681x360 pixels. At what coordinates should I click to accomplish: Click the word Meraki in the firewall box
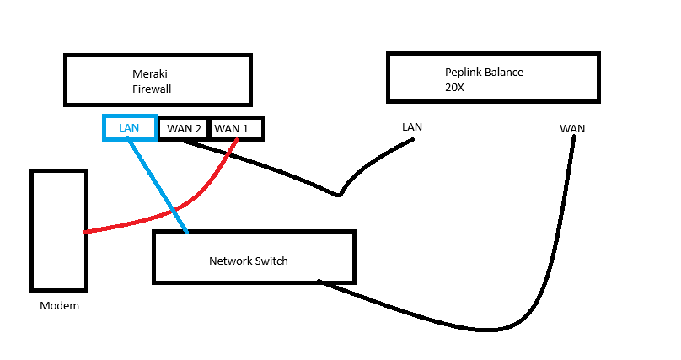[150, 73]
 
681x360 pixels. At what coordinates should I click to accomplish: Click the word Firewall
[152, 88]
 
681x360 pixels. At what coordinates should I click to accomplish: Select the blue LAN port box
[129, 127]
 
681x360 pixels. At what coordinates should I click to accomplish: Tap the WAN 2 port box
[184, 129]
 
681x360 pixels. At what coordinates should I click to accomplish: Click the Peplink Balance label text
[484, 73]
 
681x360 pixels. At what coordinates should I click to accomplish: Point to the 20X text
[456, 87]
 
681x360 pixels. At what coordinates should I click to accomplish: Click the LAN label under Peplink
[412, 127]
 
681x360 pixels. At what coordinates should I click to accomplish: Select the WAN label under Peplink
[572, 129]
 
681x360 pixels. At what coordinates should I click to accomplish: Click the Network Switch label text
[248, 261]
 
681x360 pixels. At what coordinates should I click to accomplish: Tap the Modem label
[59, 306]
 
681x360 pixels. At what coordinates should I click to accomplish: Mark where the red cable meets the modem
[86, 232]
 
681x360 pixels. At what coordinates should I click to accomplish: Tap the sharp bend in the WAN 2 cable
[339, 196]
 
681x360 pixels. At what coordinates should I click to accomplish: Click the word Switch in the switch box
[271, 261]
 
